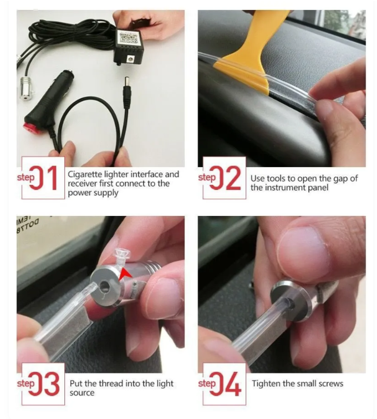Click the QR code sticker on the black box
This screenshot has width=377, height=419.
(128, 38)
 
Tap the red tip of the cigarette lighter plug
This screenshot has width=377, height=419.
(30, 127)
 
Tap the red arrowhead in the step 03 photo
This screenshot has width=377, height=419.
(125, 275)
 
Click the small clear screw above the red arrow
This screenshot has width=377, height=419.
(121, 255)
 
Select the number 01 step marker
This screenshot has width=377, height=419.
(43, 178)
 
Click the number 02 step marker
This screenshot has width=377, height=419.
(225, 178)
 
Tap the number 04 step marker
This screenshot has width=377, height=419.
(225, 383)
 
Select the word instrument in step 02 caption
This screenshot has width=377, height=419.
(283, 188)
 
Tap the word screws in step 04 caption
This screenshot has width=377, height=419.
(330, 384)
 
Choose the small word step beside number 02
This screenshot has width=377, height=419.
(207, 178)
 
